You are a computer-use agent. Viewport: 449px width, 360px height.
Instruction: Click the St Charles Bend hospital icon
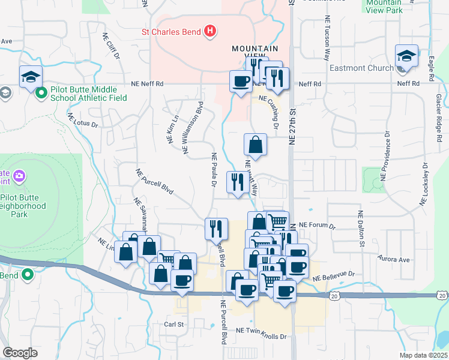click(x=210, y=31)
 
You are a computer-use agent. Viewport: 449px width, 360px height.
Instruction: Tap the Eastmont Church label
click(x=361, y=68)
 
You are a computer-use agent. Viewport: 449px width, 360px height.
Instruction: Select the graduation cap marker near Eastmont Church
click(x=407, y=56)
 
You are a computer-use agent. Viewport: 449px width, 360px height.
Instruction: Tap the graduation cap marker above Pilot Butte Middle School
click(x=31, y=76)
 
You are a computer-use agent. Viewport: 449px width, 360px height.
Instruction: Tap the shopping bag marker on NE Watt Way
click(x=255, y=145)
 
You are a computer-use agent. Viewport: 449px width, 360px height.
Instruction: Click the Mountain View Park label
click(x=384, y=6)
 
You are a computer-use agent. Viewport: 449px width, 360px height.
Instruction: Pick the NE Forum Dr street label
click(x=317, y=227)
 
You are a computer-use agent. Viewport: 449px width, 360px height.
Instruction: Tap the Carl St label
click(x=173, y=324)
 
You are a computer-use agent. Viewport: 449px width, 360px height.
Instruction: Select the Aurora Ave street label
click(x=393, y=260)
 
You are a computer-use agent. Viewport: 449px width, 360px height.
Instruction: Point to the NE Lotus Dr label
click(x=82, y=121)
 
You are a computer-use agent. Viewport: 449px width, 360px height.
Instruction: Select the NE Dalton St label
click(x=361, y=228)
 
